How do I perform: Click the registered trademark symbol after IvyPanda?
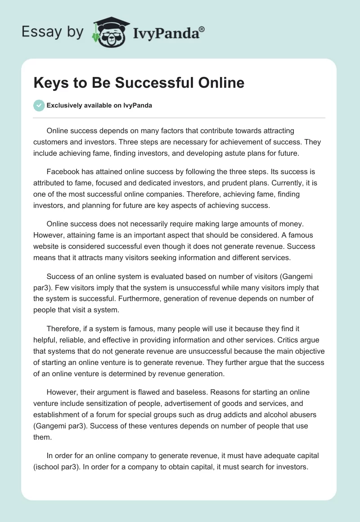click(x=202, y=30)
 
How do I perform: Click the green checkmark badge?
click(x=39, y=106)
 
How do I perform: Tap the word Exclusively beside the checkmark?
click(x=63, y=106)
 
